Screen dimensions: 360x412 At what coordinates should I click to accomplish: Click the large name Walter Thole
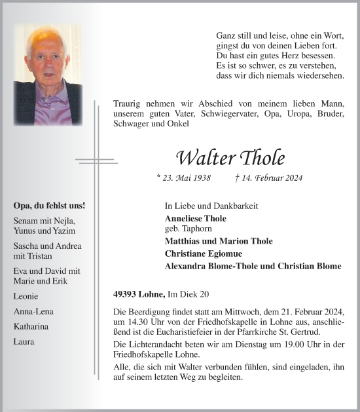pos(230,158)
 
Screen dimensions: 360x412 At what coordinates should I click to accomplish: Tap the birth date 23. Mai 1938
pos(184,178)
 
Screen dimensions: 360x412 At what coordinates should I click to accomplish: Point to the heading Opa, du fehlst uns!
pos(49,206)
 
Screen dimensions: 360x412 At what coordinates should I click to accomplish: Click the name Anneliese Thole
pos(196,218)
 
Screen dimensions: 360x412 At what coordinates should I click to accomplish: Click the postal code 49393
pos(125,295)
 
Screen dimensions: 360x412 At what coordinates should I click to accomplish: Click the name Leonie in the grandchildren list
pos(25,296)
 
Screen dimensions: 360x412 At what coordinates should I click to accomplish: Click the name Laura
pos(24,341)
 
